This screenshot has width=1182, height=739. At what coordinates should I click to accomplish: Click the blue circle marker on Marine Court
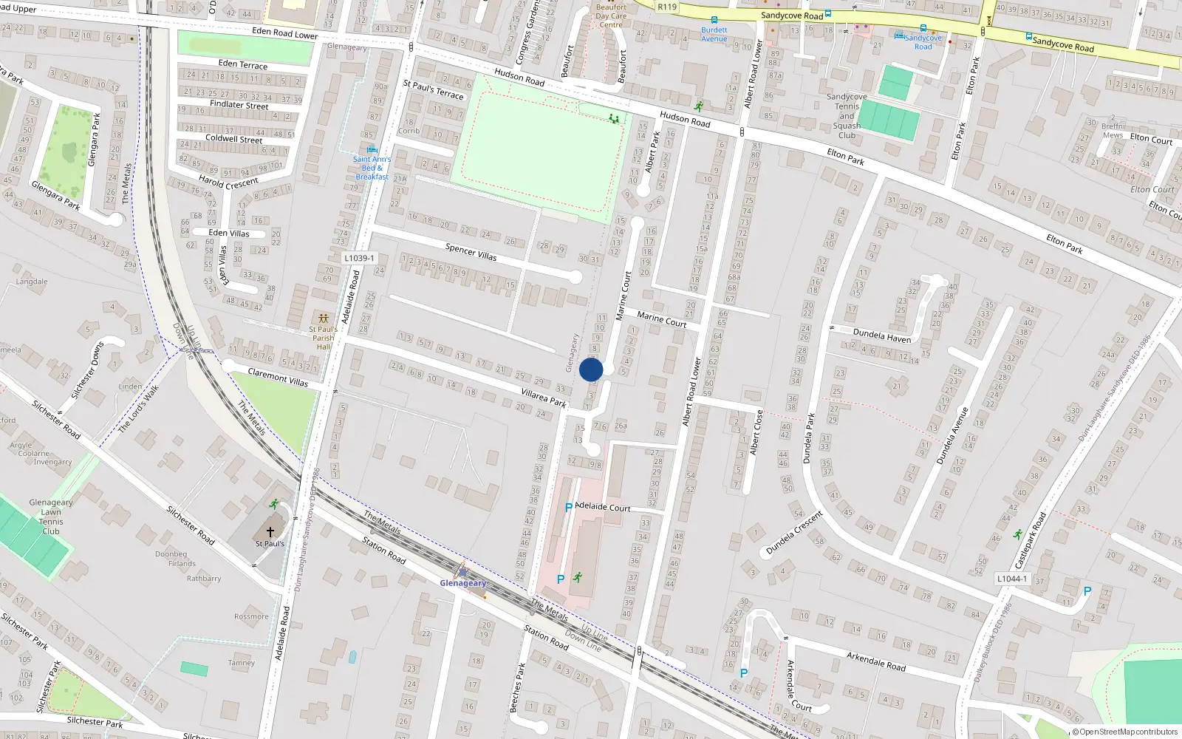(591, 369)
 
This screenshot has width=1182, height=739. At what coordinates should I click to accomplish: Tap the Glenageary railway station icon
(462, 571)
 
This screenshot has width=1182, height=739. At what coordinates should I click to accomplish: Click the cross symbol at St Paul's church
(270, 531)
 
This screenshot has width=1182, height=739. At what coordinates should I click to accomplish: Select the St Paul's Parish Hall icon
(323, 319)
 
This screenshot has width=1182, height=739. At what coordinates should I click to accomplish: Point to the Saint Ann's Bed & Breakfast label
(372, 168)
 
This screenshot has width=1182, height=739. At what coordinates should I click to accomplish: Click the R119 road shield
(667, 7)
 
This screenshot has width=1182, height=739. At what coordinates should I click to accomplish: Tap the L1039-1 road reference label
(359, 258)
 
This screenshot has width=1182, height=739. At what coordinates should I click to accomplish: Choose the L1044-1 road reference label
(1011, 579)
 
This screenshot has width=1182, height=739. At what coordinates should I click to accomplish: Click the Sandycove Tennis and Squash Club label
(847, 116)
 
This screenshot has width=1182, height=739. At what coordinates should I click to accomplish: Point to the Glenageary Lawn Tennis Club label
(51, 517)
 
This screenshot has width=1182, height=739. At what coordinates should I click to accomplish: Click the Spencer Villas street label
(471, 252)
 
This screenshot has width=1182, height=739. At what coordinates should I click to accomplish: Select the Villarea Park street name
(544, 398)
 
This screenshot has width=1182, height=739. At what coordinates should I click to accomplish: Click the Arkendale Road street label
(876, 661)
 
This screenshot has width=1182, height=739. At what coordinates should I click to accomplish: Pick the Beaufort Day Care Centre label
(611, 16)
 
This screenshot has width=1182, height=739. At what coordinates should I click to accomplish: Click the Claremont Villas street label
(278, 377)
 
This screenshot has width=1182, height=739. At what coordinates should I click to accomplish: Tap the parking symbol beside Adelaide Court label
(568, 508)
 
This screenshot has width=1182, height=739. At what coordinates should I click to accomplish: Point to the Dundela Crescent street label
(794, 533)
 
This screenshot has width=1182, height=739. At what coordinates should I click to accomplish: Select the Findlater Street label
(239, 105)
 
